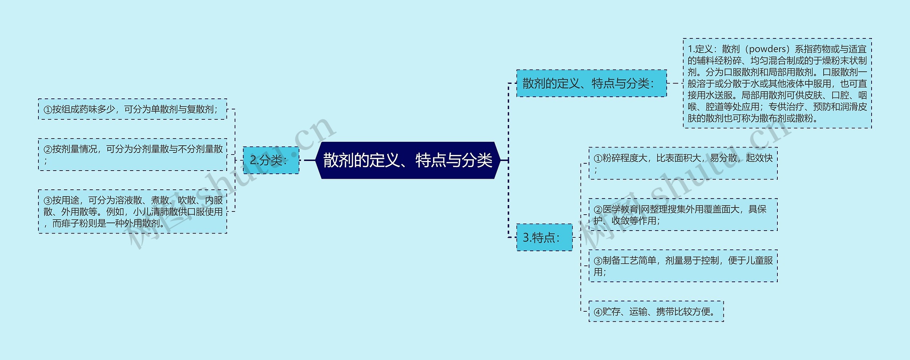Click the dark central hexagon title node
click(408, 160)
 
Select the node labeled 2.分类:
click(271, 160)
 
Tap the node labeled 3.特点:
click(544, 237)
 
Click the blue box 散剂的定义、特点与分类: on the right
click(591, 84)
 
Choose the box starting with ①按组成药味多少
click(132, 109)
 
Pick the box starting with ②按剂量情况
click(132, 155)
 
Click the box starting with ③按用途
click(132, 212)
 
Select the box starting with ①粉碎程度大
click(683, 163)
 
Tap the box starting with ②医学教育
click(683, 215)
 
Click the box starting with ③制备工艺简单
click(683, 266)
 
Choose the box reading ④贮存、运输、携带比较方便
click(656, 312)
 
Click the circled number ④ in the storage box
click(598, 312)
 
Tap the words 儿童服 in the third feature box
click(759, 260)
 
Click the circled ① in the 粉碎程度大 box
click(598, 158)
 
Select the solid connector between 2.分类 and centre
click(310, 160)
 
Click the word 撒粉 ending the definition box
click(805, 118)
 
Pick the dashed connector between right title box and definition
click(674, 84)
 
